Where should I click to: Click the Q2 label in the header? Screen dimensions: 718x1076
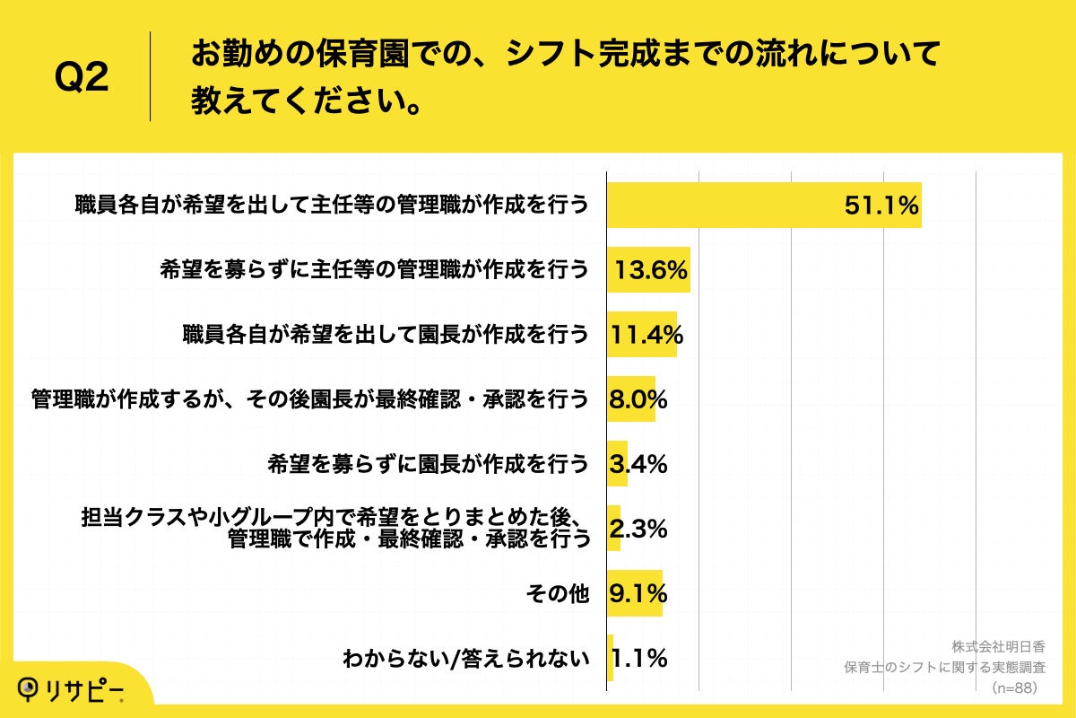click(82, 78)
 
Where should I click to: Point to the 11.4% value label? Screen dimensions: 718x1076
click(646, 335)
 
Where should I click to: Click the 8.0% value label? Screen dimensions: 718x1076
click(638, 399)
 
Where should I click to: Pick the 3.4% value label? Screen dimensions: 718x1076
click(638, 464)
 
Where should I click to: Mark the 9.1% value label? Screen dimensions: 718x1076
click(638, 593)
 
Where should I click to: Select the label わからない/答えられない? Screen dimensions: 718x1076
click(466, 660)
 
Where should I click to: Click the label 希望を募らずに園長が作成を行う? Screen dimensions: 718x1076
click(429, 464)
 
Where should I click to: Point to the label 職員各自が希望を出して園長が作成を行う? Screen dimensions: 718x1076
click(386, 335)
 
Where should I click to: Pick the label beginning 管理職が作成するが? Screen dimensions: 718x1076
click(310, 399)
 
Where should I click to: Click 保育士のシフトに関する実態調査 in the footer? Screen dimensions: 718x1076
click(945, 668)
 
